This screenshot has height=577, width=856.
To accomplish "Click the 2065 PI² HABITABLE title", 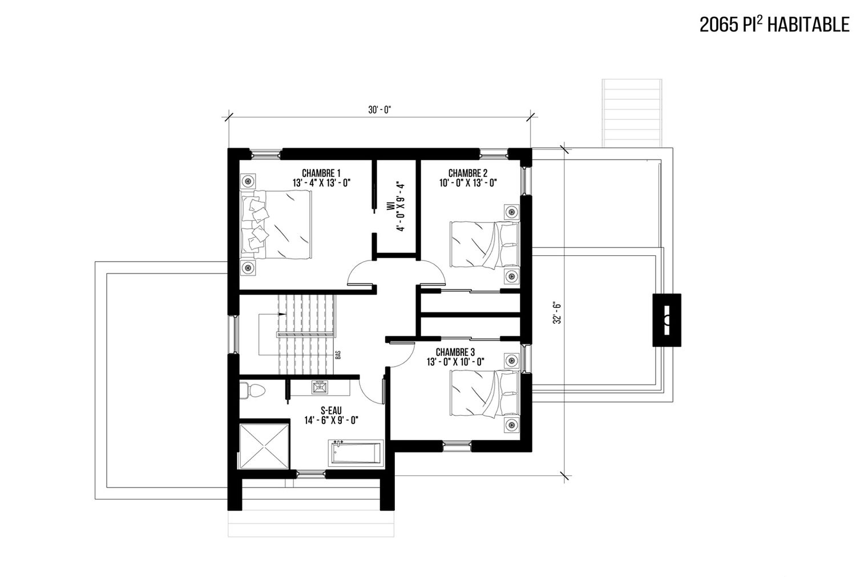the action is (x=774, y=25).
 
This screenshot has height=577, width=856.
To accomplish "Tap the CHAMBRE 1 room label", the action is (x=321, y=173).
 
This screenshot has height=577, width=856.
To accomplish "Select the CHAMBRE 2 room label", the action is (x=468, y=173).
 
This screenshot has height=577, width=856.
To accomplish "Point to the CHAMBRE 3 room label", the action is (x=455, y=352).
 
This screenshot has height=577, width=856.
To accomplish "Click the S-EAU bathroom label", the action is (x=331, y=411).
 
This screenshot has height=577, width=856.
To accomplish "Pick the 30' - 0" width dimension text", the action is (x=379, y=110).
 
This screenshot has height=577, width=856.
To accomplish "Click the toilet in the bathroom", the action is (x=252, y=390).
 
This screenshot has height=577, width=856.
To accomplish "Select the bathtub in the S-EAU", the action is (x=356, y=453).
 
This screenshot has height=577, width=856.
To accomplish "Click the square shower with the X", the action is (x=264, y=446).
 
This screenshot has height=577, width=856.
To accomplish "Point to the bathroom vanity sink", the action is (x=320, y=388).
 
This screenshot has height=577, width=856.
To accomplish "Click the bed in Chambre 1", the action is (x=276, y=225).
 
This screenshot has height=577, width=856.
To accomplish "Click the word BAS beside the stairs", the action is (x=338, y=355).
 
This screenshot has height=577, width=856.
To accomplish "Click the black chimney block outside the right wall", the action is (x=667, y=320).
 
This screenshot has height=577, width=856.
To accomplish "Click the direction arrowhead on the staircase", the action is (x=282, y=314).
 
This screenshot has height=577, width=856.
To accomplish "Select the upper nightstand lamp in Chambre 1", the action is (x=248, y=181).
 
